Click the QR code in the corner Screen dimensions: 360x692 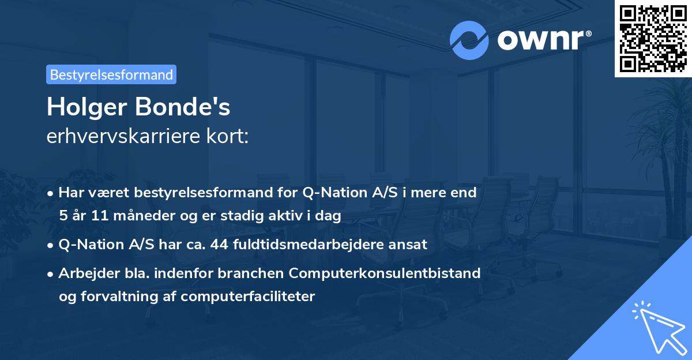pos(653,38)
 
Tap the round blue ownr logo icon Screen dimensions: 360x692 pos(469,41)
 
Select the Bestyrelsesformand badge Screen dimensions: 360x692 pos(111,74)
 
